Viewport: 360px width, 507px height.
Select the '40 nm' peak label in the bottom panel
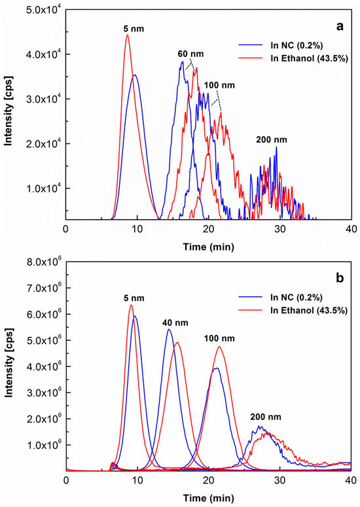[x=172, y=322]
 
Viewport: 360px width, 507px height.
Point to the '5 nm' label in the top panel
[x=133, y=28]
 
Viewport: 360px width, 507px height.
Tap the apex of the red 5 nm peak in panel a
[x=128, y=35]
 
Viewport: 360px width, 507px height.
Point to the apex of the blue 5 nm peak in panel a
[x=135, y=75]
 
